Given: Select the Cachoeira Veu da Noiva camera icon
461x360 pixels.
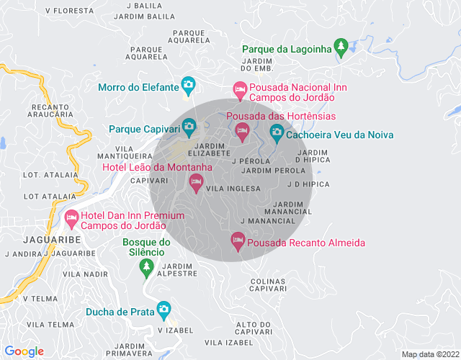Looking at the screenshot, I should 277,133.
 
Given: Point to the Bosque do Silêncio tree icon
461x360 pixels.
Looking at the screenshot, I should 146,266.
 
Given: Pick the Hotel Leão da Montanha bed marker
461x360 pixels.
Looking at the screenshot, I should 196,182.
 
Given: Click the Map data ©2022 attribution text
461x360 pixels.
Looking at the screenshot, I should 429,354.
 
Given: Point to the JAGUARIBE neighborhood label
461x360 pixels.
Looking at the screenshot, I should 46,239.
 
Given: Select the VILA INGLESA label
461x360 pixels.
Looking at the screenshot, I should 233,189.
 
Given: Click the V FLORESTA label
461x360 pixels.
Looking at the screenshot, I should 69,12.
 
